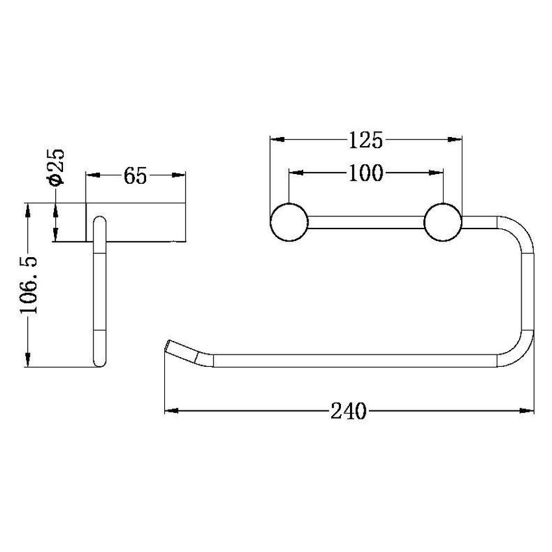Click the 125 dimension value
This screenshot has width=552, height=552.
[x=365, y=140]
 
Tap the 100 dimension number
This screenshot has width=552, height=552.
[x=366, y=173]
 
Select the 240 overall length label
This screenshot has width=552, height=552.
[x=348, y=411]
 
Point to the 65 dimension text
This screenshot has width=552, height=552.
[x=135, y=176]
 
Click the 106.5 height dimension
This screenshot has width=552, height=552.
[x=28, y=285]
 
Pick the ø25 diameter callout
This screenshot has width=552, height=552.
[x=56, y=167]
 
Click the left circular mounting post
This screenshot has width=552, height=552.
[x=289, y=222]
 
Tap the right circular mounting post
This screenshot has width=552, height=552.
[x=443, y=222]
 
